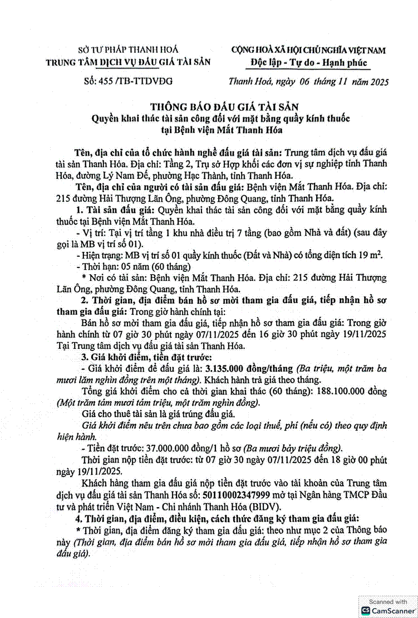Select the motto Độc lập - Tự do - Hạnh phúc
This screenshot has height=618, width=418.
[308, 62]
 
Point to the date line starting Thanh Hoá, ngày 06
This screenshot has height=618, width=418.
[308, 81]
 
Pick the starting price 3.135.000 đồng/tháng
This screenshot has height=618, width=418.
[249, 368]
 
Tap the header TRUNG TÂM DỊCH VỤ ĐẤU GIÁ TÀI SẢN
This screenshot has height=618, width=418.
[128, 62]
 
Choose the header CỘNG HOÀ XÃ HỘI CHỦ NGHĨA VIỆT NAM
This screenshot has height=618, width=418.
[308, 50]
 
